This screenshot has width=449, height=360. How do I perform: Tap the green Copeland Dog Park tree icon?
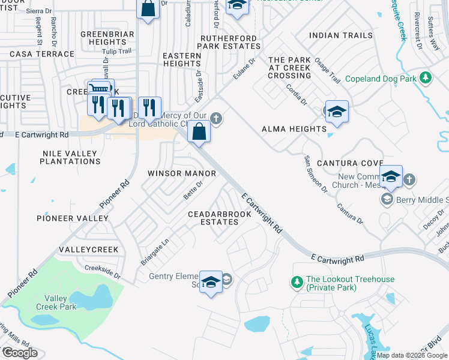click(426, 78)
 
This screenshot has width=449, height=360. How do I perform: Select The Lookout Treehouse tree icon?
click(296, 281)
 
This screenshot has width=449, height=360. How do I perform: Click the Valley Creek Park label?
click(60, 302)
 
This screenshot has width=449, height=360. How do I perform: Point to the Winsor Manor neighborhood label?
click(182, 173)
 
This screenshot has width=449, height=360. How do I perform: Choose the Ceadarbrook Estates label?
click(212, 218)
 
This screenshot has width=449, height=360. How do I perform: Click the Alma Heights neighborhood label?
click(294, 129)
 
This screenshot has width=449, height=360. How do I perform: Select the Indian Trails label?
click(341, 36)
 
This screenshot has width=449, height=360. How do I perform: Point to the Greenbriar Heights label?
click(107, 38)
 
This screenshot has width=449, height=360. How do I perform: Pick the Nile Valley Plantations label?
click(70, 158)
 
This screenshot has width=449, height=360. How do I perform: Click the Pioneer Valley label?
click(73, 218)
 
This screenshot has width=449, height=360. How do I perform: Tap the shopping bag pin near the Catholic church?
click(199, 131)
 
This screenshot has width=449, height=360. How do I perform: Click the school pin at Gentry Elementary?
click(211, 282)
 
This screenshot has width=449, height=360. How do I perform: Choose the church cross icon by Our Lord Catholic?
click(216, 119)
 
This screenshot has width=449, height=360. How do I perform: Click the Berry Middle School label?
click(421, 200)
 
